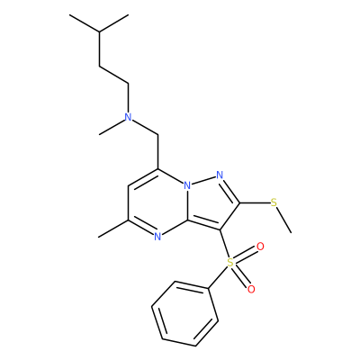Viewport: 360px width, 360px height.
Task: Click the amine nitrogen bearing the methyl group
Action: pos(129,117)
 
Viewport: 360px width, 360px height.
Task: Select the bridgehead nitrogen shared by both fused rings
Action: pos(187,186)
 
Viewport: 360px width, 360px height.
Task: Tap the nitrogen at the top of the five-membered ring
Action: pos(220,175)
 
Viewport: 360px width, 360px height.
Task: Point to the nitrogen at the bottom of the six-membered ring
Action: pos(157,238)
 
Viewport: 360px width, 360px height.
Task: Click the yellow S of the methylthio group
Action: pos(274,202)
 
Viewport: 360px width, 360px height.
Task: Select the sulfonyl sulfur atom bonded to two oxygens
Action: pos(230,263)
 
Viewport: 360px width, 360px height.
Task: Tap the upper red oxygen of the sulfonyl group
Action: pos(260,247)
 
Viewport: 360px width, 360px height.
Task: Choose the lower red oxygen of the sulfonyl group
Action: pos(251,289)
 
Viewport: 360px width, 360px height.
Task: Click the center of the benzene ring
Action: pos(184,314)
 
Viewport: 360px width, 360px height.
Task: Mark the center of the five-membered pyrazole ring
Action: pos(211,203)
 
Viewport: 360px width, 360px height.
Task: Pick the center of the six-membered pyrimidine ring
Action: pos(157,203)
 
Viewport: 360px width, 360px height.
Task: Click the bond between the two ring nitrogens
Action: pos(203,180)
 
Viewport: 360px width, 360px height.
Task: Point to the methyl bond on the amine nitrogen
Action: pos(112,127)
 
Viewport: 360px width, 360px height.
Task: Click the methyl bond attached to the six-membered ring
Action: pos(113,229)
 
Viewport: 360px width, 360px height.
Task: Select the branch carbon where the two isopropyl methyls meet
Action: pos(99,31)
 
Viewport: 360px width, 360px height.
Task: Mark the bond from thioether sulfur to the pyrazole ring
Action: pos(255,202)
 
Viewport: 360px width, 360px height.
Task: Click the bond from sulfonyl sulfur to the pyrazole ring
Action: pos(224,244)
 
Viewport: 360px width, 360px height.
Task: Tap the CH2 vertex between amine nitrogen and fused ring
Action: pos(157,135)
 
